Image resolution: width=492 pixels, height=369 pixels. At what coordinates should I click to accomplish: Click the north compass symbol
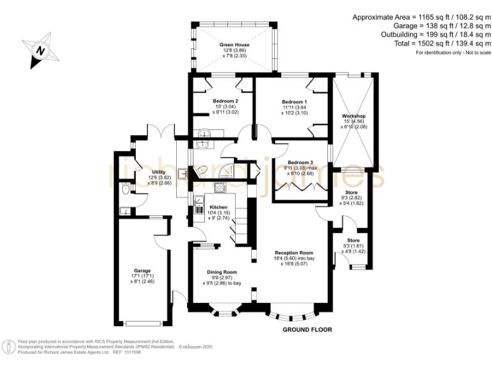(40, 51)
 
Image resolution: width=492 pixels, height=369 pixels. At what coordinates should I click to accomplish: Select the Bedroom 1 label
(294, 102)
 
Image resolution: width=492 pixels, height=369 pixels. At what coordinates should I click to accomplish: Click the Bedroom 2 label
(225, 101)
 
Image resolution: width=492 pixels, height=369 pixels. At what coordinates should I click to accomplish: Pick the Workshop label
(352, 116)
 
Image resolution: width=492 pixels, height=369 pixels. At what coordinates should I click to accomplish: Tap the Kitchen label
(218, 207)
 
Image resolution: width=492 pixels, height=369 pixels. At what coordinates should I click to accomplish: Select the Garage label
(142, 270)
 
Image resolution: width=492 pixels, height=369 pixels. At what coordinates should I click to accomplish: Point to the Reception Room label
(294, 252)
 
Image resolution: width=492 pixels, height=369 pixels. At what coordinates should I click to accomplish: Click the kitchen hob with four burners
(220, 188)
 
